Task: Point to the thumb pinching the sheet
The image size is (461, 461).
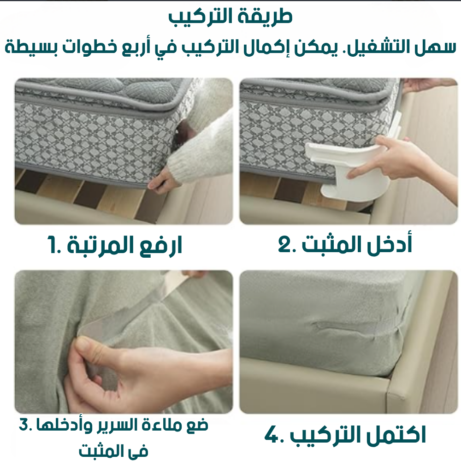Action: [85, 343]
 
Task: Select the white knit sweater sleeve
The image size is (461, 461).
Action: [203, 148]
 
